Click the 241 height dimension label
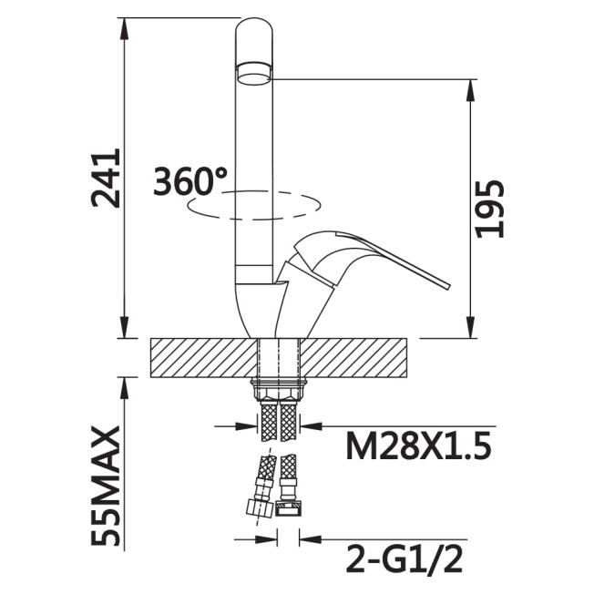tap(106, 178)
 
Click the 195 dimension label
tap(490, 209)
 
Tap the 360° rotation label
tap(190, 181)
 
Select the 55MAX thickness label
tap(106, 486)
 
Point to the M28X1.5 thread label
tap(418, 445)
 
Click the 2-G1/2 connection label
tap(405, 558)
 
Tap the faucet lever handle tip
tap(447, 286)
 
